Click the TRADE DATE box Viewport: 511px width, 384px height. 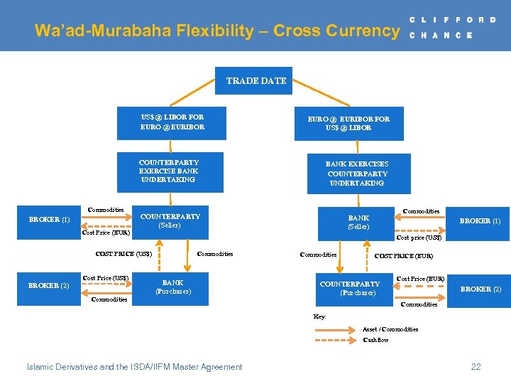coord(256,81)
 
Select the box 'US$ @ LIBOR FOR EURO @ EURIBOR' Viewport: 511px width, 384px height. coord(172,122)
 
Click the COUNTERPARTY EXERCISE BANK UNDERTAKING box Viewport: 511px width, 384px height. coord(169,171)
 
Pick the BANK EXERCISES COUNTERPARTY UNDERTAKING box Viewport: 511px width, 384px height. coord(357,174)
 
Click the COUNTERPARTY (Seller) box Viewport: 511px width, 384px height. coord(170,220)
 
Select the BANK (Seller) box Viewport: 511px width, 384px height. coord(358,223)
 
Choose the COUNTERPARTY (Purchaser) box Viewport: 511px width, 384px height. coord(350,288)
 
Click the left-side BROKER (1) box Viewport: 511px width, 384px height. coord(50,220)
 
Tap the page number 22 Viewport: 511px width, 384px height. coord(476,367)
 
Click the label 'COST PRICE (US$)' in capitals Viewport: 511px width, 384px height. coord(123,254)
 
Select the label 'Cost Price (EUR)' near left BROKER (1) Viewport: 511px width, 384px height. coord(106,233)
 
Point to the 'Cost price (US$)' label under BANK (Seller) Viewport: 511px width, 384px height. coord(419,238)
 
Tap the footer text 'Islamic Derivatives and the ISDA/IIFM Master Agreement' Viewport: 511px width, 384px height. coord(134,367)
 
